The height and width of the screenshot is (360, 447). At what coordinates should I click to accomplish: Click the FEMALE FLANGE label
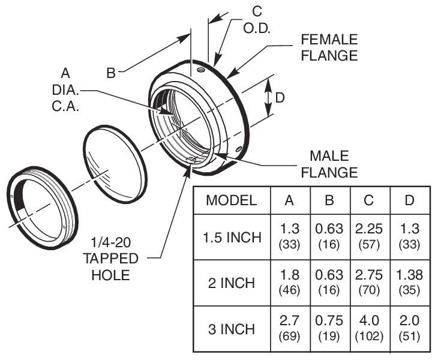[x=329, y=47]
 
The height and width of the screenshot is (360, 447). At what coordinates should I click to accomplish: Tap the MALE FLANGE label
[x=329, y=164]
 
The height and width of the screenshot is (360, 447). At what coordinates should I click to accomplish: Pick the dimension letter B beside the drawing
[x=111, y=73]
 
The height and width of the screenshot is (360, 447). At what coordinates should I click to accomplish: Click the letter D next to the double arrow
[x=280, y=97]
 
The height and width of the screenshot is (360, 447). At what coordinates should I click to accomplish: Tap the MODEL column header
[x=231, y=200]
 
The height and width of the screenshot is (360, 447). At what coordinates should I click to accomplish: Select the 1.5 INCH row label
[x=231, y=237]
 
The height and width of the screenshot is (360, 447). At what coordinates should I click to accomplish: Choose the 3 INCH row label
[x=231, y=329]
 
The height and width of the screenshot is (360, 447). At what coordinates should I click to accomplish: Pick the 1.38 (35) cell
[x=410, y=283]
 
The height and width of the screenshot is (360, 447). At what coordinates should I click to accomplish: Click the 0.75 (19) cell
[x=329, y=329]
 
